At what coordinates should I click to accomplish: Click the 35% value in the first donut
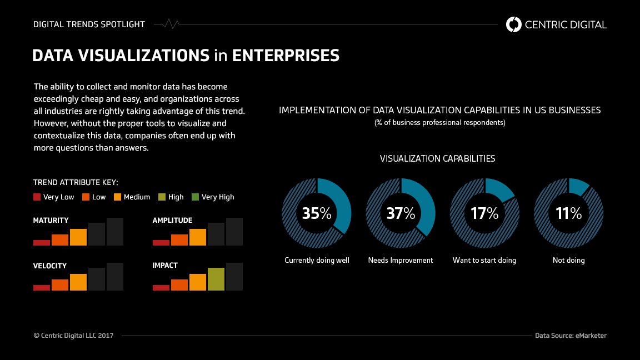(x=317, y=213)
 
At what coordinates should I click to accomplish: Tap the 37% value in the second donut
(x=401, y=213)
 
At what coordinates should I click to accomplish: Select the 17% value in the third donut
(x=484, y=213)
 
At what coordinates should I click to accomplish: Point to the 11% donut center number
(x=568, y=213)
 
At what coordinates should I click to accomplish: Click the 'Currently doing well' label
(x=317, y=260)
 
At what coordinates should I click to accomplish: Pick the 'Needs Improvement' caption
(x=401, y=260)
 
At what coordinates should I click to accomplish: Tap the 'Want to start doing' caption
(x=484, y=260)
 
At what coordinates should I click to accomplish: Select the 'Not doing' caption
(x=568, y=260)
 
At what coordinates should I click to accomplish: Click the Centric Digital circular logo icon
(x=514, y=24)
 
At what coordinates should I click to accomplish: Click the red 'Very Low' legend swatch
(x=37, y=197)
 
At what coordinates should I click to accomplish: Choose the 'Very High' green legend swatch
(x=195, y=197)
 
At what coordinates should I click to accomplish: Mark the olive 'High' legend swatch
(x=162, y=197)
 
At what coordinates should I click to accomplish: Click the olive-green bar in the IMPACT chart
(x=216, y=279)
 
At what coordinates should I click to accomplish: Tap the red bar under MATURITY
(x=42, y=242)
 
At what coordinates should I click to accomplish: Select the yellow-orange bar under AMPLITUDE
(x=198, y=237)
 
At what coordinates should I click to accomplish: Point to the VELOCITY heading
(x=50, y=266)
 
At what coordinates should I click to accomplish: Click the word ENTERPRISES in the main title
(x=286, y=56)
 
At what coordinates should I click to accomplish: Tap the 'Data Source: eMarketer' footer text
(x=571, y=336)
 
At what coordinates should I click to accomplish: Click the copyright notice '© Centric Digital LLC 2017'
(x=73, y=336)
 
